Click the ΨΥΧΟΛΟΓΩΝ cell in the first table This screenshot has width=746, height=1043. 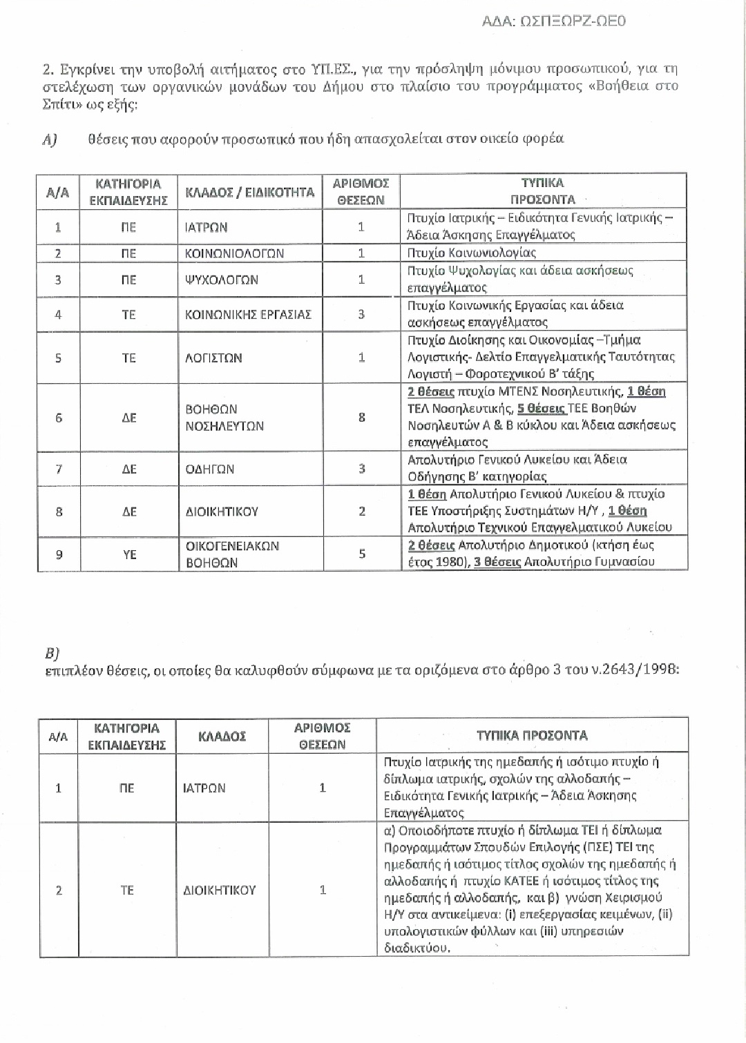click(x=222, y=280)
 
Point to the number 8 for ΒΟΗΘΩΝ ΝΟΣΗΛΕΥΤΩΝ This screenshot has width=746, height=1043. click(x=361, y=418)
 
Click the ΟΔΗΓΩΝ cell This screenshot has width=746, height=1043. click(x=210, y=469)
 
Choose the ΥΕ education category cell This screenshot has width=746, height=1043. click(x=129, y=554)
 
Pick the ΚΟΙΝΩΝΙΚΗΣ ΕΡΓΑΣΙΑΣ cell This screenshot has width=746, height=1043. click(x=249, y=315)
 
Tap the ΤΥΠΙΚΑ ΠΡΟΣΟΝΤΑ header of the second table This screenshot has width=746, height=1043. click(x=532, y=736)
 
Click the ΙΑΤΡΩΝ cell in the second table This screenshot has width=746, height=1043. click(x=204, y=788)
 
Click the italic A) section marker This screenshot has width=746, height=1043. click(x=49, y=139)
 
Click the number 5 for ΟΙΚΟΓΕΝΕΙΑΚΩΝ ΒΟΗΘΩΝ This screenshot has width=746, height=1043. click(x=361, y=554)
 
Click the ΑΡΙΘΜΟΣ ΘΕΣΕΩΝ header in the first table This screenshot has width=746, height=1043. click(x=361, y=192)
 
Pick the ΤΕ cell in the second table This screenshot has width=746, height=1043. click(x=127, y=890)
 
